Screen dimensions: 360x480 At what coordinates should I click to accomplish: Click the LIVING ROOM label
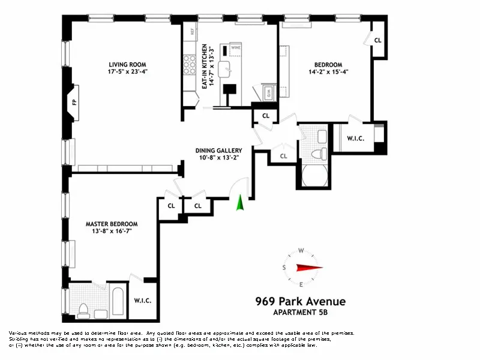[x=127, y=65]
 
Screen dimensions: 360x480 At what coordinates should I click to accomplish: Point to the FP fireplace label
[x=74, y=103]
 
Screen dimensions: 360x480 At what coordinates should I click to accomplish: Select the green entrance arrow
[x=240, y=203]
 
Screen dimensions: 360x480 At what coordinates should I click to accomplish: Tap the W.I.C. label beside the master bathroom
[x=142, y=300]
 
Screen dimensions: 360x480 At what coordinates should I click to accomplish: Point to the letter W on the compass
[x=302, y=251]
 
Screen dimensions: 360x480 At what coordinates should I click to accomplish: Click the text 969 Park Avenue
[x=300, y=301]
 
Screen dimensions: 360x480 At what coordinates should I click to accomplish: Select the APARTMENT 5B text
[x=300, y=313]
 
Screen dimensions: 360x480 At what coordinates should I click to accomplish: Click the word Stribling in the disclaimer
[x=20, y=338]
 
